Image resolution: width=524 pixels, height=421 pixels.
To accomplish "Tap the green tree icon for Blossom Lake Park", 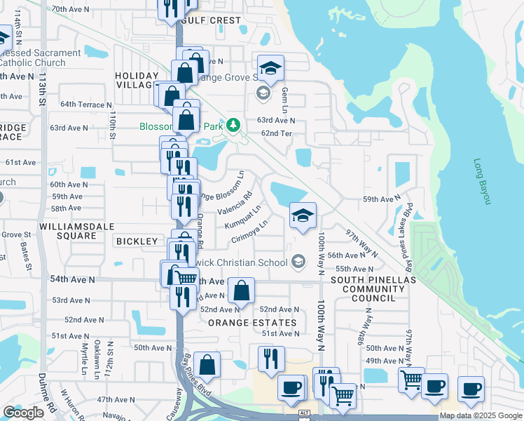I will click(x=233, y=126).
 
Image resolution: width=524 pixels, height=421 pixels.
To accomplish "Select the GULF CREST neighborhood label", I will click(x=211, y=20).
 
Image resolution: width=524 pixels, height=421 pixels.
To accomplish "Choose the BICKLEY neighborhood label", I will click(x=137, y=241).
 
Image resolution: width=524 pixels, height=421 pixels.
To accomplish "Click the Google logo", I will click(x=24, y=413).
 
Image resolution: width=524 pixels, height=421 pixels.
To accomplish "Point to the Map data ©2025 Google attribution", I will click(x=481, y=415).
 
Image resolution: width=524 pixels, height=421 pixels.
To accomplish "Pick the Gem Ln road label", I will click(x=284, y=96).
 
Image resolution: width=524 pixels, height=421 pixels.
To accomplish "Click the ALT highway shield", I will click(x=304, y=413).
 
